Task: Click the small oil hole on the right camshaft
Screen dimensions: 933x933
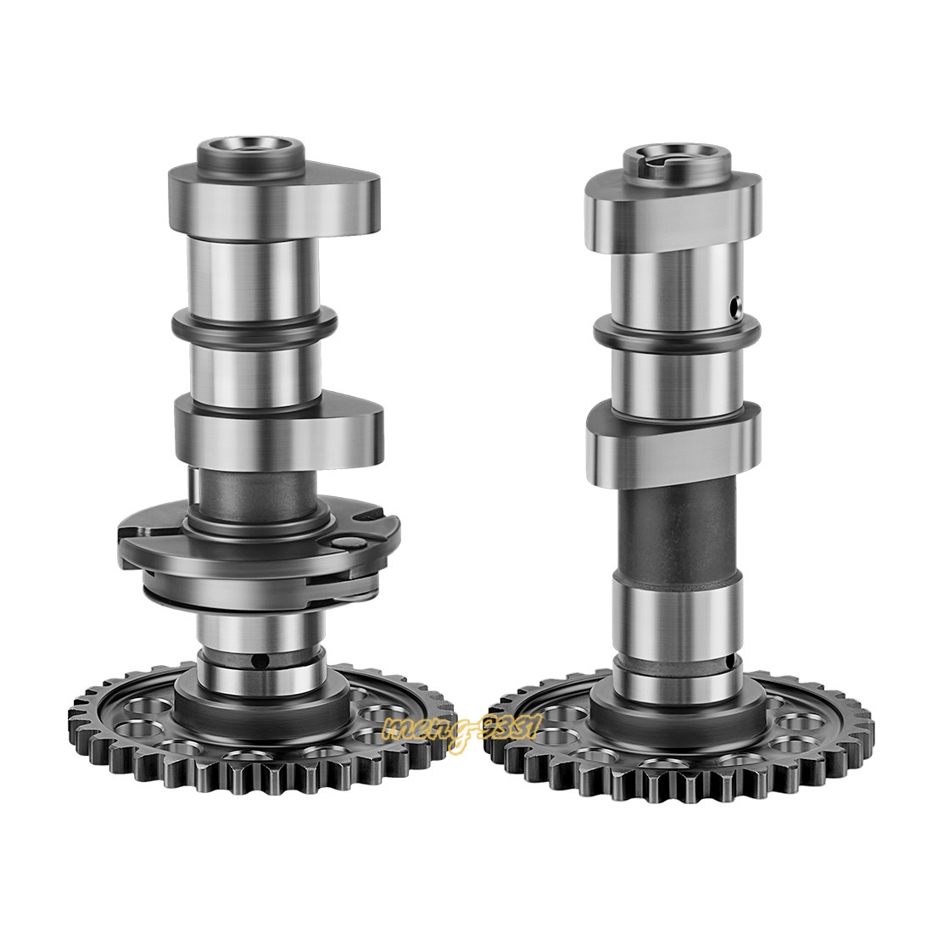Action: click(x=737, y=302)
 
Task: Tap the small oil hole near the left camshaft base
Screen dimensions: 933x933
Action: click(x=265, y=660)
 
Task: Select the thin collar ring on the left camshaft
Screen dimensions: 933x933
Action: click(x=254, y=323)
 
